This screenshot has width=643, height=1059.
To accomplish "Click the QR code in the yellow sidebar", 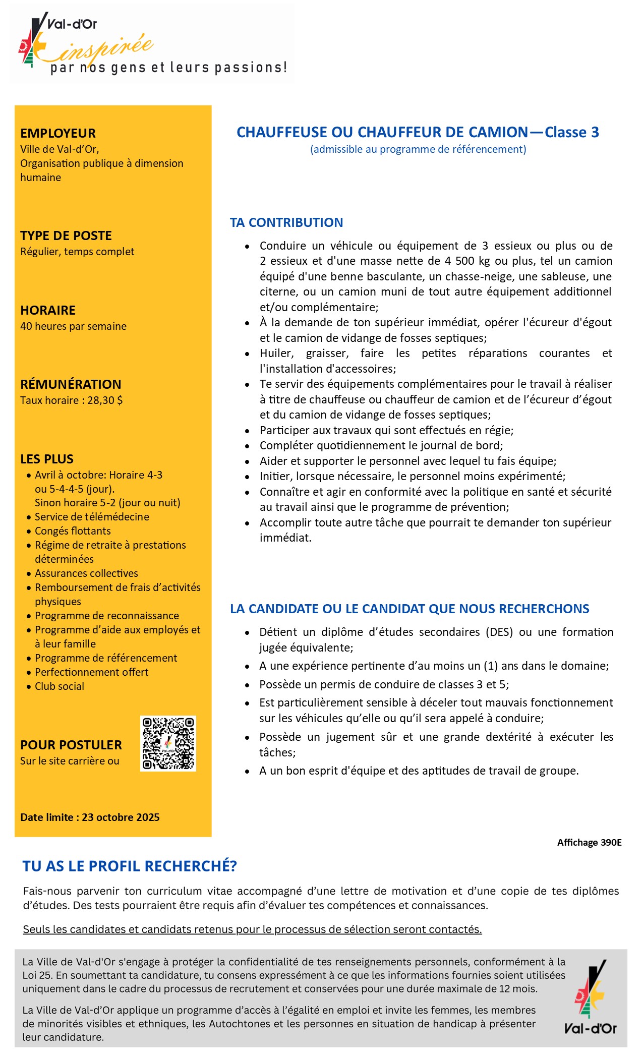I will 168,743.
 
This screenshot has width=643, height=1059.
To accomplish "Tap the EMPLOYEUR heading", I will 58,133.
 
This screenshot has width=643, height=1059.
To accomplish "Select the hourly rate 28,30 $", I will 105,400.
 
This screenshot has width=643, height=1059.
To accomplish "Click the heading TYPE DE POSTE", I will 66,236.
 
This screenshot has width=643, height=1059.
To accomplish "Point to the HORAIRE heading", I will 48,310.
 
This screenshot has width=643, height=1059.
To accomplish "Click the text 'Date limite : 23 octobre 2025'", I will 90,817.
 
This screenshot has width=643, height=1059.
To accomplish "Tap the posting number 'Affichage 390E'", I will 589,843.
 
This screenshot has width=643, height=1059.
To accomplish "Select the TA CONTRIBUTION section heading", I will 286,222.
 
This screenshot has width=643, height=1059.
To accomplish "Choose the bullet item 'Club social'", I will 59,686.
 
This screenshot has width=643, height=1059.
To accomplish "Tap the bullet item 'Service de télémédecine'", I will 92,517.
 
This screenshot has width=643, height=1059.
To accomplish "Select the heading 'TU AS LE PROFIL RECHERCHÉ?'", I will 130,866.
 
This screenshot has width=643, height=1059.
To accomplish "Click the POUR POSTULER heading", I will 71,745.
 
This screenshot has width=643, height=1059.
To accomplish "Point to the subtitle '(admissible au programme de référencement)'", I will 418,149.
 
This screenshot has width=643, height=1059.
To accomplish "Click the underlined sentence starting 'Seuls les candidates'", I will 252,929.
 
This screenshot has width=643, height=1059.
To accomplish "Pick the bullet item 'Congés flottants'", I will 73,531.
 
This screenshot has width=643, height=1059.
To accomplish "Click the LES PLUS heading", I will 47,459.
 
